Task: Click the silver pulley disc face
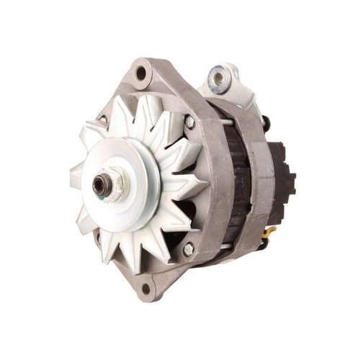(x=133, y=162)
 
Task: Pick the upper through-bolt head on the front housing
(x=189, y=123)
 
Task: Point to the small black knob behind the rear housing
(x=267, y=122)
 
